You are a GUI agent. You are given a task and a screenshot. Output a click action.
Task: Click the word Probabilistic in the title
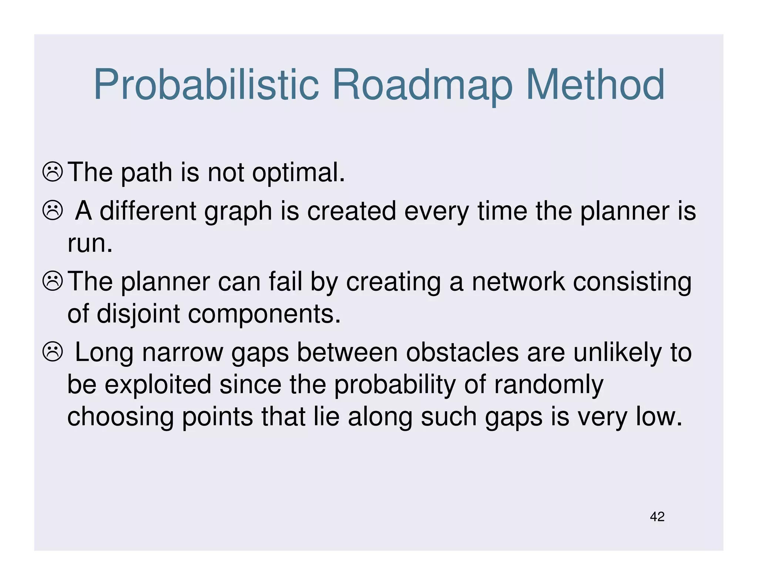click(x=206, y=85)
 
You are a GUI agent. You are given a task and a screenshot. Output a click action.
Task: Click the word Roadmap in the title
click(x=422, y=85)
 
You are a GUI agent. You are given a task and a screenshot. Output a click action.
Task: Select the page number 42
click(x=657, y=517)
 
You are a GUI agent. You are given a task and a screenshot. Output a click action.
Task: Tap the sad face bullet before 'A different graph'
click(x=53, y=211)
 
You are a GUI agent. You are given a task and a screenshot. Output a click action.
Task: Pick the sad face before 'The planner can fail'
click(x=53, y=281)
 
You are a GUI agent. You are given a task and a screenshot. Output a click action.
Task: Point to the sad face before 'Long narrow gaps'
click(x=53, y=352)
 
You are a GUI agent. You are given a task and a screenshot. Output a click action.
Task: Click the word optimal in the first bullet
click(x=298, y=173)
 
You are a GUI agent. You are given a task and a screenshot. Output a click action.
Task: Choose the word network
click(x=518, y=282)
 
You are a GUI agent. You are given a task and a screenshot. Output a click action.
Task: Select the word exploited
click(x=158, y=385)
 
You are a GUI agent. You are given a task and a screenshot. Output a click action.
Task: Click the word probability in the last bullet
click(x=395, y=385)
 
